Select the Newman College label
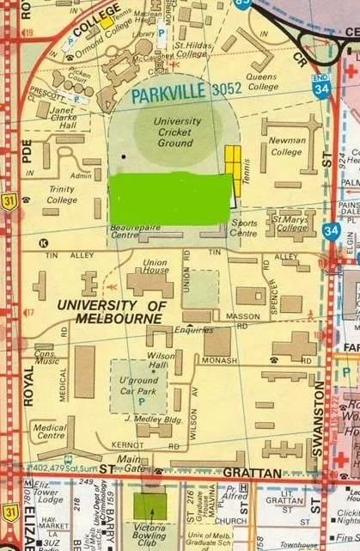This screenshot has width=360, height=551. (x=287, y=146)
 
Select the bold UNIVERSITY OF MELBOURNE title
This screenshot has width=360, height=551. (x=108, y=312)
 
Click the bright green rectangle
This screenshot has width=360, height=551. (x=170, y=197)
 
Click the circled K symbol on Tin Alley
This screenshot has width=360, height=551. (x=43, y=242)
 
